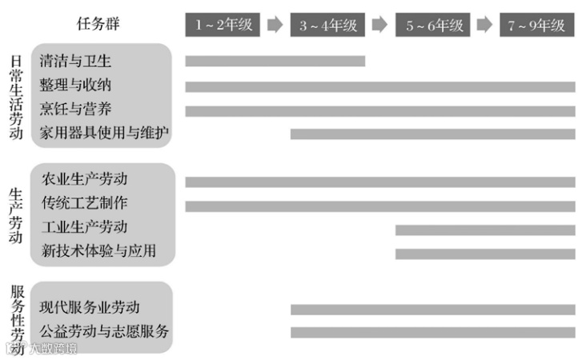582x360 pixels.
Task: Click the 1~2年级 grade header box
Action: pyautogui.click(x=223, y=25)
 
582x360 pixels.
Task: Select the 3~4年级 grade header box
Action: pyautogui.click(x=328, y=25)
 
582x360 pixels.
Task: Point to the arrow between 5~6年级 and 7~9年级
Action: pyautogui.click(x=484, y=25)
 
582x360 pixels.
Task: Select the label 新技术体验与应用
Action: pyautogui.click(x=98, y=252)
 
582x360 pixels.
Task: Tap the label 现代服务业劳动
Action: pyautogui.click(x=90, y=307)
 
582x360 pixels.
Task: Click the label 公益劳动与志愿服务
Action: pyautogui.click(x=104, y=331)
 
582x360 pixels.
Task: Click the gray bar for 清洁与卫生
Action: pyautogui.click(x=275, y=61)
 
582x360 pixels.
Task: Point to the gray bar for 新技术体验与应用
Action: pyautogui.click(x=484, y=254)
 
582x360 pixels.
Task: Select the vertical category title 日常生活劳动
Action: pyautogui.click(x=16, y=97)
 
